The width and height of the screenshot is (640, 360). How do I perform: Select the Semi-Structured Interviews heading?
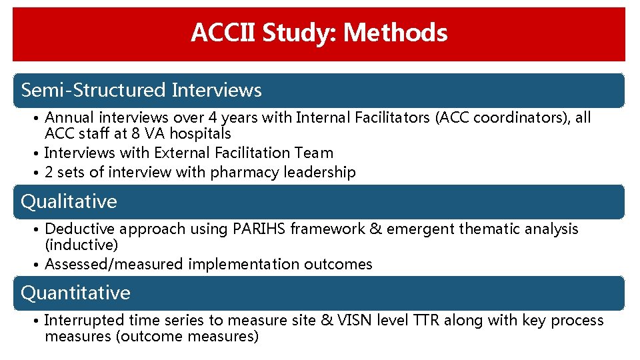pyautogui.click(x=141, y=90)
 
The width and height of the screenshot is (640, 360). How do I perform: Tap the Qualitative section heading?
pyautogui.click(x=69, y=201)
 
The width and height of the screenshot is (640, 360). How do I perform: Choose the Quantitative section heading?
pyautogui.click(x=76, y=293)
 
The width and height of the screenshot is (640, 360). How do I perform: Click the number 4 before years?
pyautogui.click(x=213, y=118)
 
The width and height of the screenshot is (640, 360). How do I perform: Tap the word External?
pyautogui.click(x=176, y=153)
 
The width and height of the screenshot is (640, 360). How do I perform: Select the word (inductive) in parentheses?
pyautogui.click(x=81, y=245)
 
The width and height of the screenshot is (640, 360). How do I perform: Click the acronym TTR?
pyautogui.click(x=427, y=321)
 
